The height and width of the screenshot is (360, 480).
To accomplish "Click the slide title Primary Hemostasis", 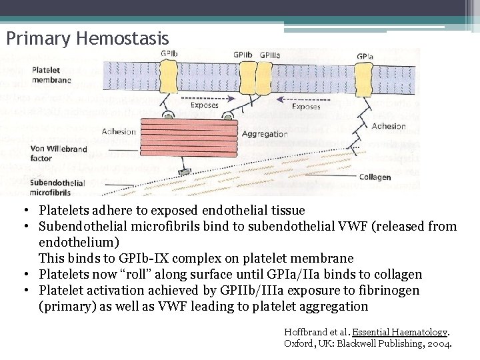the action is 87,37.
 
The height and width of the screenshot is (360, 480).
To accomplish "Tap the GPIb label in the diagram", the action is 169,54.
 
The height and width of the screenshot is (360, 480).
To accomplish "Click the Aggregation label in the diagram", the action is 265,133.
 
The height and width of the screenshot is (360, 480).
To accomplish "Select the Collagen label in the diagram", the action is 375,177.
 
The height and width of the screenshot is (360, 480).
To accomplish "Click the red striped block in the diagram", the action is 208,136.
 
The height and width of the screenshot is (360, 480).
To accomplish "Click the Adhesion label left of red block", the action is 119,131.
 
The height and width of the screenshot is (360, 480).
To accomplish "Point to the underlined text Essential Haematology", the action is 400,332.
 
